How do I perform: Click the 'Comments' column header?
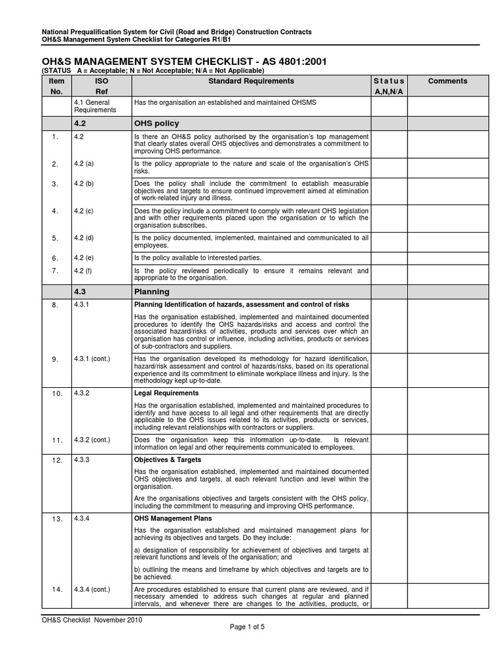(447, 81)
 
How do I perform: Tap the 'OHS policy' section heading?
(157, 123)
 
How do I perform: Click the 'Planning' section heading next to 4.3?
(151, 292)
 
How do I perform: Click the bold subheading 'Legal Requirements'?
(166, 393)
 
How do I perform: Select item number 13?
(56, 519)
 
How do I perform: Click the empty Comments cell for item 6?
(447, 258)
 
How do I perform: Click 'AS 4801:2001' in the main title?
(286, 62)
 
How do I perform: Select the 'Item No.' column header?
(56, 86)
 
